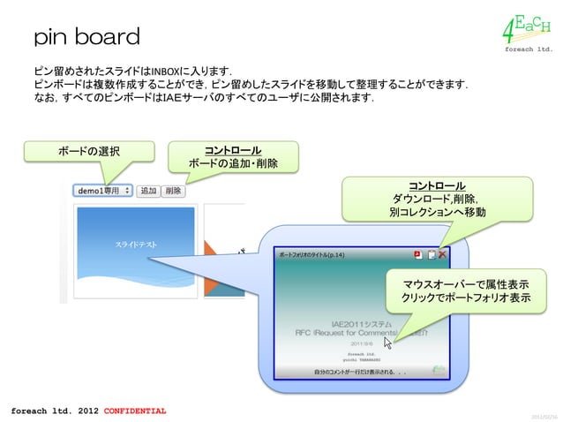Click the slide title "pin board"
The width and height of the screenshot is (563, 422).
point(86,37)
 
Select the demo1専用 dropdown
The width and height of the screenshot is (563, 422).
point(104,190)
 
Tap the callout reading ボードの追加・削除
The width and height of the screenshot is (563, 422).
point(233,156)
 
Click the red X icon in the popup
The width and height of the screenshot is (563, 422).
point(442,255)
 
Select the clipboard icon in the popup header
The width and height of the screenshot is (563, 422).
point(431,255)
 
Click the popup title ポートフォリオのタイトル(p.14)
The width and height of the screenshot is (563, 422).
point(312,255)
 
